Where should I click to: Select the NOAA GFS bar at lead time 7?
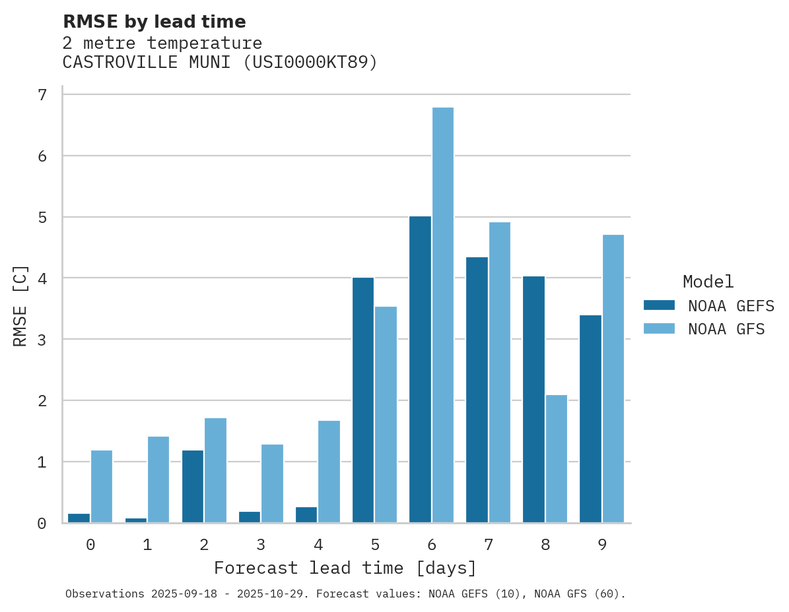coord(499,373)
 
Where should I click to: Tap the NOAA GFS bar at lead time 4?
coord(329,472)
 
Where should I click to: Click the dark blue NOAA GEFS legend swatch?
coord(659,305)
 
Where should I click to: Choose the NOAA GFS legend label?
coord(726,329)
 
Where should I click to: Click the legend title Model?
coord(708,282)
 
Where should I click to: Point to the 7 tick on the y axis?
coord(42,95)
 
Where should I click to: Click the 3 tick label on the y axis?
coord(42,340)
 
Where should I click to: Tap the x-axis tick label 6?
coord(432,545)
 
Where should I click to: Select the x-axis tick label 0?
coord(90,545)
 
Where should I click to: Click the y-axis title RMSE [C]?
coord(20,305)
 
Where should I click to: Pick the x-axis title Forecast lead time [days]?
coord(345,568)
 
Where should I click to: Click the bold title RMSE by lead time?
coord(154,22)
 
